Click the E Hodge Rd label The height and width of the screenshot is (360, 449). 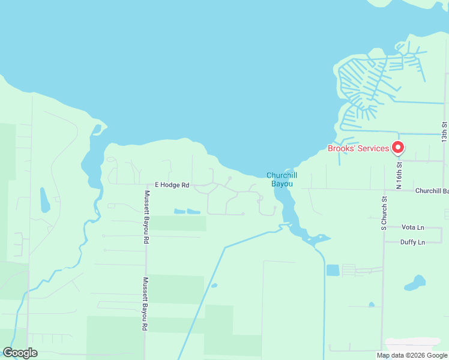[x=172, y=185]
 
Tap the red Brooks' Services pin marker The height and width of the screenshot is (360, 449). [x=397, y=147]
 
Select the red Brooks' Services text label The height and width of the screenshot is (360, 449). [x=358, y=148]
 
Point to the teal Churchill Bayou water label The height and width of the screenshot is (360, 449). [x=282, y=179]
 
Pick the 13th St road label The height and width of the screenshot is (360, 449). [x=445, y=133]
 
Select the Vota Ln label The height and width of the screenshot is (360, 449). [x=412, y=227]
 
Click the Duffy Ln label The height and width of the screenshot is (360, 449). [x=412, y=242]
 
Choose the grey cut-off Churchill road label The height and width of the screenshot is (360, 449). [x=432, y=191]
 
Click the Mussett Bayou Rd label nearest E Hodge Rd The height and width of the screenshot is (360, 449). [x=146, y=217]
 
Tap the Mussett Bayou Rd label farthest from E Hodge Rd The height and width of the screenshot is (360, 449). [x=145, y=304]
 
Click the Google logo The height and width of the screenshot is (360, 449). [x=20, y=353]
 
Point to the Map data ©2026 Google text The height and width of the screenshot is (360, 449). [x=411, y=355]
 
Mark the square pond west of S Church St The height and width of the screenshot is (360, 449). [x=333, y=270]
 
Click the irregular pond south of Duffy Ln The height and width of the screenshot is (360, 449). [x=415, y=281]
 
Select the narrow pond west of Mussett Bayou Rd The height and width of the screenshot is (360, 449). [x=44, y=200]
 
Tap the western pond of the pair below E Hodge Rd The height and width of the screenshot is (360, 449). [x=179, y=211]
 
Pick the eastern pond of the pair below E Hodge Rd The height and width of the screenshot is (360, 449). [x=193, y=211]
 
